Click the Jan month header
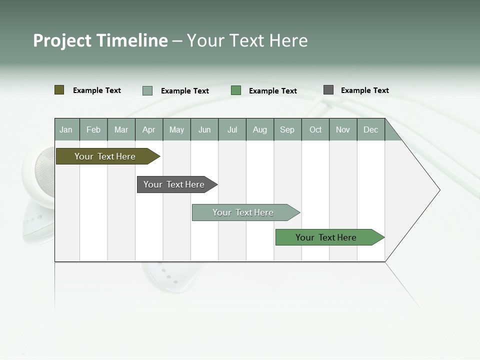click(x=66, y=129)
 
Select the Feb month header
click(x=93, y=129)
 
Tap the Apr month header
click(x=148, y=129)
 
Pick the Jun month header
click(x=204, y=129)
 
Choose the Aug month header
click(x=259, y=129)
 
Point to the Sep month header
click(x=287, y=129)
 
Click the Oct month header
click(x=315, y=129)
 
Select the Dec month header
click(x=370, y=129)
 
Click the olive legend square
click(x=59, y=90)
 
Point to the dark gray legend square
click(x=328, y=90)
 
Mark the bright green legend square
click(x=236, y=90)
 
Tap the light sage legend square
click(x=147, y=90)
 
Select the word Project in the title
click(x=62, y=40)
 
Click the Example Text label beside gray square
click(x=364, y=90)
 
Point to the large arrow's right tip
click(x=439, y=190)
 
